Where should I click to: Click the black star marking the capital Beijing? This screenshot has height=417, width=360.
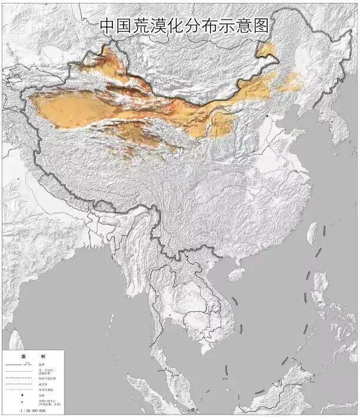tap(268, 116)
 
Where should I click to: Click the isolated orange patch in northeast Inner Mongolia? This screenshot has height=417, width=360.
tap(268, 50)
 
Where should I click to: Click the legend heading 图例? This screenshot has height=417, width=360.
tap(29, 356)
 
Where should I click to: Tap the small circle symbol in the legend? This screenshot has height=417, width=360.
tap(23, 403)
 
